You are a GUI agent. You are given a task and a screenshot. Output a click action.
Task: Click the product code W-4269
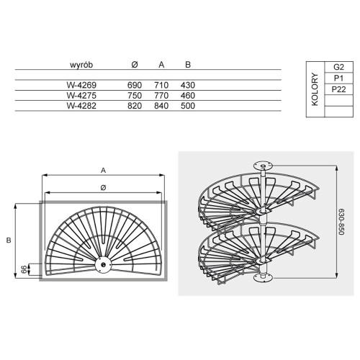(x=81, y=85)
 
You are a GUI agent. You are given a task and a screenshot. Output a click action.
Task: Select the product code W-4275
(x=81, y=96)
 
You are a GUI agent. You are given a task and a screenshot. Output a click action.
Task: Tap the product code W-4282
(x=81, y=106)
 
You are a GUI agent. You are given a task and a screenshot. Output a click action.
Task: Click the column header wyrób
(x=81, y=65)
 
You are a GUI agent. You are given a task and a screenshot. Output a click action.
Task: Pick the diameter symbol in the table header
(x=135, y=64)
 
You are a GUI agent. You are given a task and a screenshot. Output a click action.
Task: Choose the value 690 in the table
(x=135, y=85)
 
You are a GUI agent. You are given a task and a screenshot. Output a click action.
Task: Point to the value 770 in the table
(x=161, y=96)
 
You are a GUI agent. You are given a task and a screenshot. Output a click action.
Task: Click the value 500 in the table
(x=188, y=106)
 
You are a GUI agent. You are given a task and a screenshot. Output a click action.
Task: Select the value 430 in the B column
(x=188, y=85)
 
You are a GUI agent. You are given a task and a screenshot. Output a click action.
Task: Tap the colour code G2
(x=338, y=67)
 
